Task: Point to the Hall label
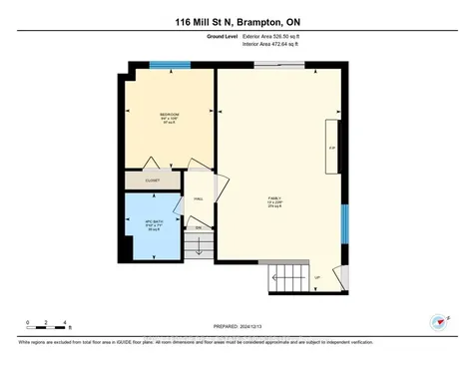pyautogui.click(x=198, y=199)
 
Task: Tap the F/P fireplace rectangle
pyautogui.click(x=331, y=149)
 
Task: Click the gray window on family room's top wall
pyautogui.click(x=279, y=66)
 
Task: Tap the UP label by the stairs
pyautogui.click(x=317, y=276)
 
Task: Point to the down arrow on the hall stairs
pyautogui.click(x=198, y=243)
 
